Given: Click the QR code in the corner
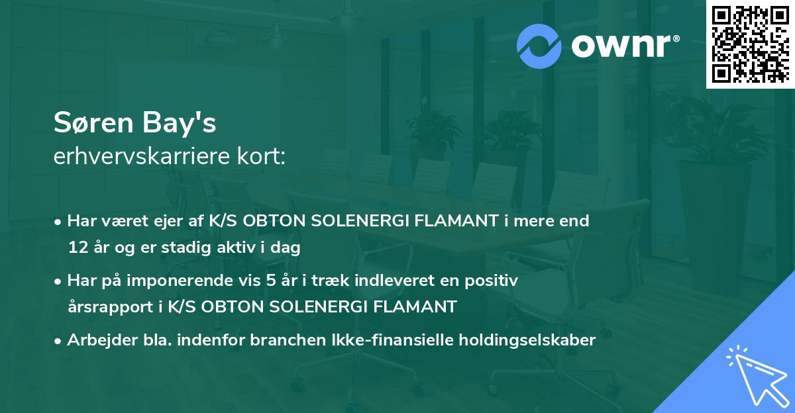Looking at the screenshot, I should point(750,44).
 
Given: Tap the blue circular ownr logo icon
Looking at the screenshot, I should point(539,46).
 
